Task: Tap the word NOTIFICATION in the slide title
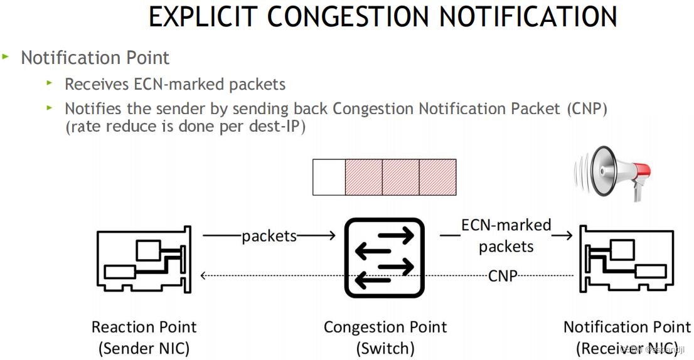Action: tap(528, 17)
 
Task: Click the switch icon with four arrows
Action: tap(385, 257)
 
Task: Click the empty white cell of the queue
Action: tap(329, 177)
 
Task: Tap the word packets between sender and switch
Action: tap(269, 236)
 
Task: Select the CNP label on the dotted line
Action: tap(503, 275)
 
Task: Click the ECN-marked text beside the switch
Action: tap(506, 225)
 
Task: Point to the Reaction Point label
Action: tap(144, 327)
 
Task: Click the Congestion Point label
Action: tap(385, 327)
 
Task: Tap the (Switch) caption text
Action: tap(385, 347)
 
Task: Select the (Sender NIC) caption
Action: tap(144, 347)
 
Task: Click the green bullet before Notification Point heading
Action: tap(6, 56)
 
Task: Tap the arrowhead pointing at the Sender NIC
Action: tap(203, 275)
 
